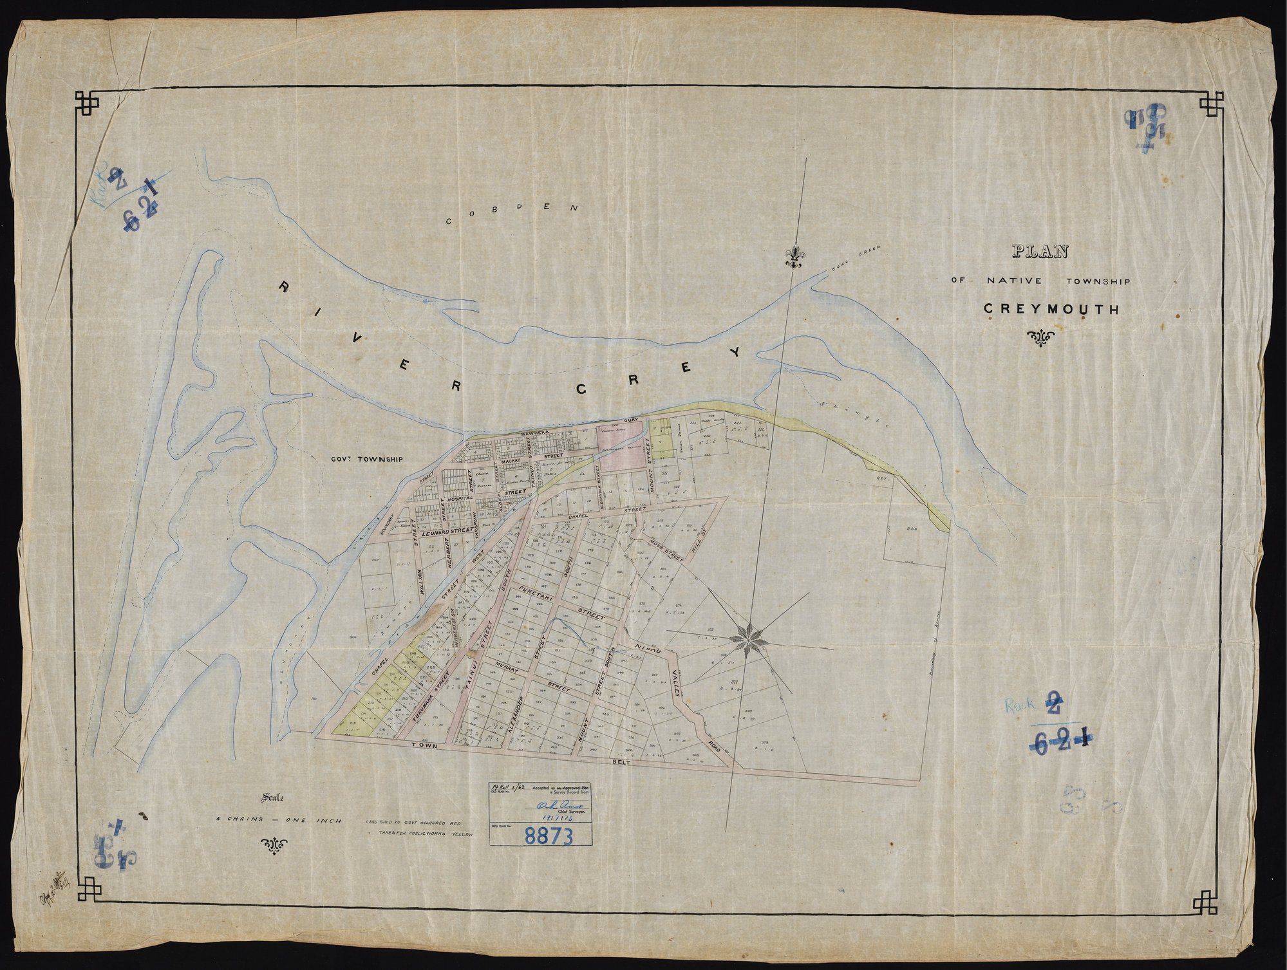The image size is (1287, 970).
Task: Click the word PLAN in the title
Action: [x=1038, y=252]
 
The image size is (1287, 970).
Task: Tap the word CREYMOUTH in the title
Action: [x=1051, y=310]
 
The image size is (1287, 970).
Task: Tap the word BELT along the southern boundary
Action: [x=623, y=761]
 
